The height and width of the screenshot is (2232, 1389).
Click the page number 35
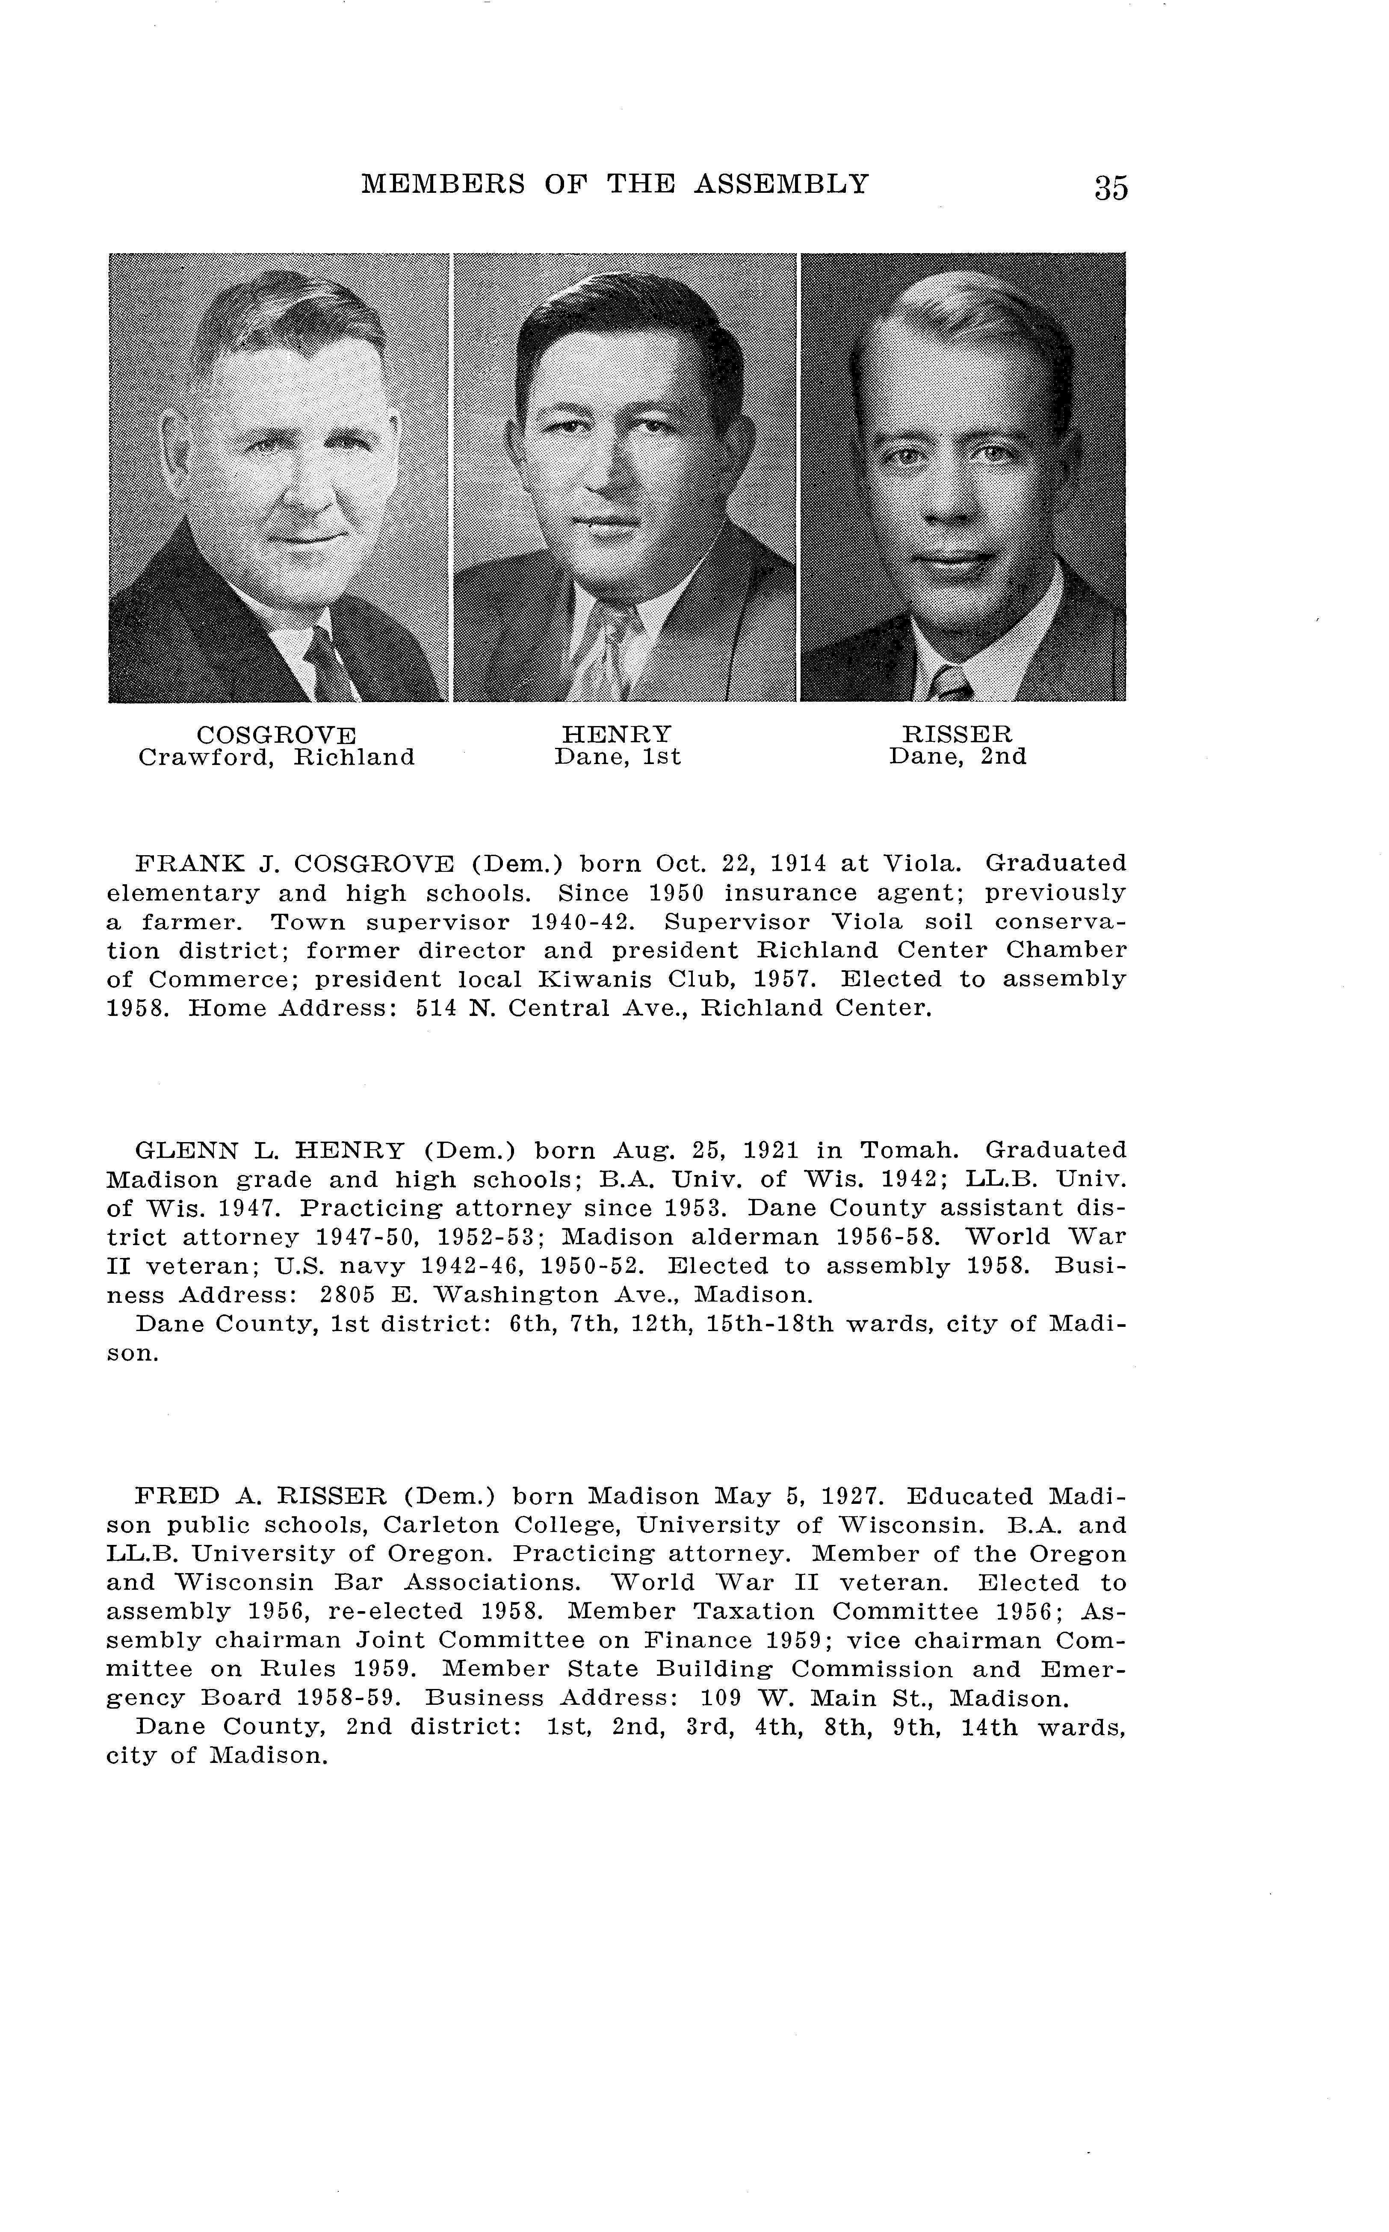coord(1111,187)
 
